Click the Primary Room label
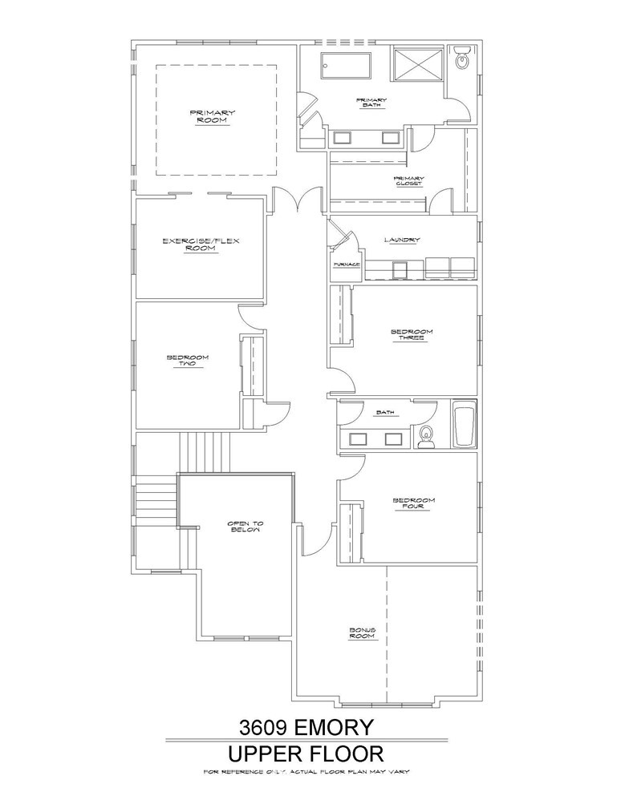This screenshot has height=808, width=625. tap(212, 116)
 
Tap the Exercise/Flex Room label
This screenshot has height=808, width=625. tap(201, 244)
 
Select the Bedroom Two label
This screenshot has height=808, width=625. tap(187, 360)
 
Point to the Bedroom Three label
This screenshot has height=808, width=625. tap(411, 334)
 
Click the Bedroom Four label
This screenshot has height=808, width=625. tap(413, 503)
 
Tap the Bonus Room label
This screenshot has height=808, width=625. tap(362, 632)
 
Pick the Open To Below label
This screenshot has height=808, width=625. tap(246, 527)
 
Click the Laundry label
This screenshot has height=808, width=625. tap(402, 240)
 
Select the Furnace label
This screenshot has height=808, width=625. tap(346, 265)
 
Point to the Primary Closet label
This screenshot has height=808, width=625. tap(409, 181)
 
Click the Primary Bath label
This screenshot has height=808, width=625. tap(371, 102)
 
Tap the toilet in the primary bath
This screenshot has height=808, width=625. tap(461, 57)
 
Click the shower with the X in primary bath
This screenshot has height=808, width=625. tap(418, 64)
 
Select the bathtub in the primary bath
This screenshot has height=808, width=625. tap(346, 66)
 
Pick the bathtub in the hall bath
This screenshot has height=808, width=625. tap(464, 426)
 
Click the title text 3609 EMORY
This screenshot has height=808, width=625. tap(306, 727)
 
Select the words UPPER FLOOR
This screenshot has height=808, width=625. tap(306, 753)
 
